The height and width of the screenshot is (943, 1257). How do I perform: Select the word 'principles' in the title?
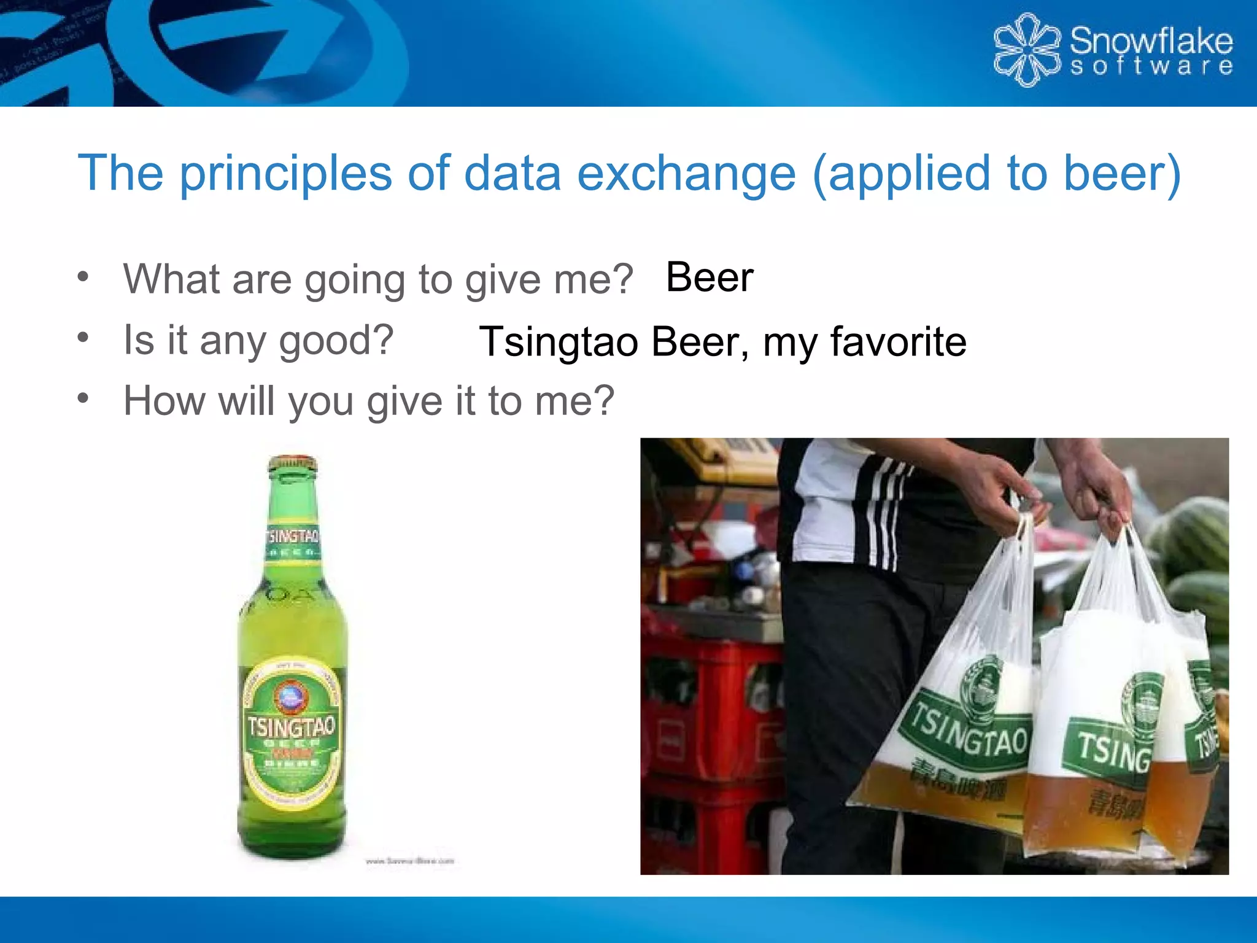[285, 174]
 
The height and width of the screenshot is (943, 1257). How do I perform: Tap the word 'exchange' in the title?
[686, 174]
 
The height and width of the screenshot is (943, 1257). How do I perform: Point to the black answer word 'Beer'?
[710, 277]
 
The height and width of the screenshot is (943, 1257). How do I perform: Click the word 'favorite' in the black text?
[899, 341]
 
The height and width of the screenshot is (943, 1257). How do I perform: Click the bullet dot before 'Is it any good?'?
[83, 337]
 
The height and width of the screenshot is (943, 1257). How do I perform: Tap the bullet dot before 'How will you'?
[83, 398]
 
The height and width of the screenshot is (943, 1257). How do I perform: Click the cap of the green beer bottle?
[293, 463]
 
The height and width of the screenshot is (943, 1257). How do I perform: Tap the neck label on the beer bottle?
[293, 541]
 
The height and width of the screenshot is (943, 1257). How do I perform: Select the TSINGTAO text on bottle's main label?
[291, 728]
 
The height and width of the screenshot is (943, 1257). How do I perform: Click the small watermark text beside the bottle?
[409, 861]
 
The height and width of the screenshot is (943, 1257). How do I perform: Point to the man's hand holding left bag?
[1007, 491]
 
